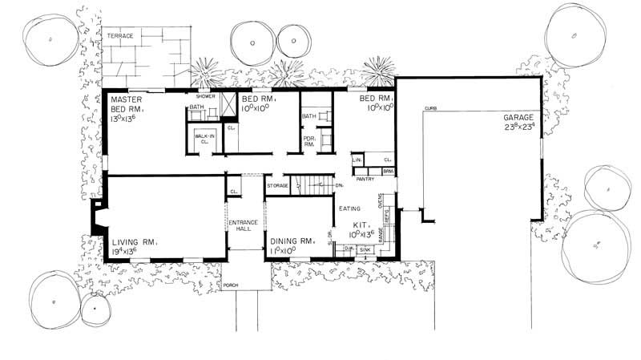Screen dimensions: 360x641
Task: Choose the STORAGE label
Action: point(277,185)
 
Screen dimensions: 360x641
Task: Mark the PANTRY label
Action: point(366,180)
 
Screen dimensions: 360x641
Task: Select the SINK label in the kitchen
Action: point(365,250)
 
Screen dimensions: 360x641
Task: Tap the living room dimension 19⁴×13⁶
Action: point(129,251)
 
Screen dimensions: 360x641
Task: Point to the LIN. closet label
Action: point(358,160)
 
